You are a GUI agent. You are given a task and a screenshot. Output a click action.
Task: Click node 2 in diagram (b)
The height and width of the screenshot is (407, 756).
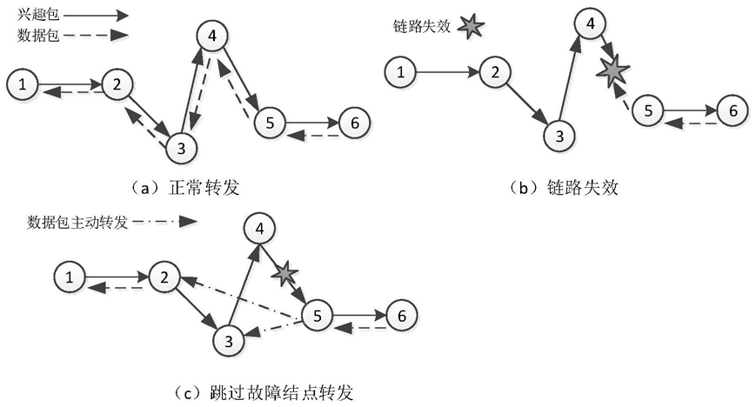(x=494, y=72)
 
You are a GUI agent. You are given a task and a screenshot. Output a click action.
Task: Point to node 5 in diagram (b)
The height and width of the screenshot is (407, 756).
(x=647, y=111)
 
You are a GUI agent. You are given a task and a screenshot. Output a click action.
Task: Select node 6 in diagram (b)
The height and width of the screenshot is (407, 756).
(x=733, y=110)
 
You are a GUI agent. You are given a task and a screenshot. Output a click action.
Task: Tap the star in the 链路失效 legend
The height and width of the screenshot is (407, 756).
(x=470, y=27)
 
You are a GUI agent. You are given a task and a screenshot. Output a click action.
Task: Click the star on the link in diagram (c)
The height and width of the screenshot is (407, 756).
(x=284, y=274)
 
